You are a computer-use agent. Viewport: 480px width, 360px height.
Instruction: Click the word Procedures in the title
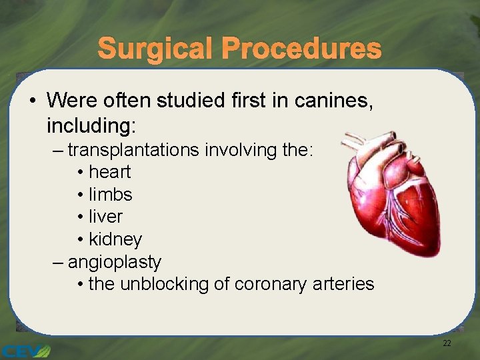[301, 49]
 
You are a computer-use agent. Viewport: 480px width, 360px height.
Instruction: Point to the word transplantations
[133, 150]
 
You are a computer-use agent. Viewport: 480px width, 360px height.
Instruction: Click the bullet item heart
[109, 172]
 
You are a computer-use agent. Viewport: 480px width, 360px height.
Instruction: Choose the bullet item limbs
[110, 195]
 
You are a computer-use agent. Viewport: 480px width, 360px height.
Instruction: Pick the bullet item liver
[105, 217]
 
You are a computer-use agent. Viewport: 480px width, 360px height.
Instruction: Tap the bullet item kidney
[115, 239]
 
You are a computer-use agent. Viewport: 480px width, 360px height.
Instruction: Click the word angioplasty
[114, 261]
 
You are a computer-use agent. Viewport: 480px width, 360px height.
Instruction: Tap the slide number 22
[447, 343]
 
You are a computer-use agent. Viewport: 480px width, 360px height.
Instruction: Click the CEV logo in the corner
[25, 351]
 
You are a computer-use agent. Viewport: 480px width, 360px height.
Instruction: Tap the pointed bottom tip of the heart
[432, 252]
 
